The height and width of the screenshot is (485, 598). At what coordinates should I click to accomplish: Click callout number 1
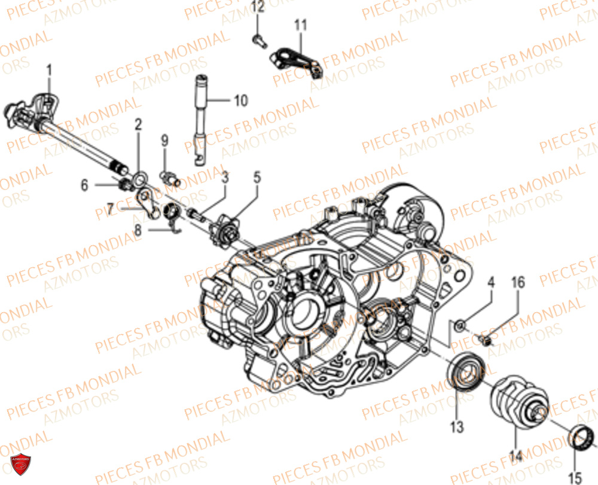49,71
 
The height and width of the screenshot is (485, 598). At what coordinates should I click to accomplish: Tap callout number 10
240,100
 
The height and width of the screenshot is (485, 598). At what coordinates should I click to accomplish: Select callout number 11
300,25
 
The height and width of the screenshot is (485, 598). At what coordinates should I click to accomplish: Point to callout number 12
257,8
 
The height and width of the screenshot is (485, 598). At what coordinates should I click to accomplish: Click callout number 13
457,427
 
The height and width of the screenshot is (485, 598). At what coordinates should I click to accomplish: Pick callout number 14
516,456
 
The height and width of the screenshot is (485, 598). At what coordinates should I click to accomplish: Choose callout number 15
575,477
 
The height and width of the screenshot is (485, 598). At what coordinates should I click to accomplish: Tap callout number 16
518,282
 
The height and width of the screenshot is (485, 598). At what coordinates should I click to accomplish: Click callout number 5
257,177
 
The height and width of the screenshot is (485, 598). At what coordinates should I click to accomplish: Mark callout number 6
84,185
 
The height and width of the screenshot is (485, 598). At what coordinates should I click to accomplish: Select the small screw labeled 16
486,340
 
